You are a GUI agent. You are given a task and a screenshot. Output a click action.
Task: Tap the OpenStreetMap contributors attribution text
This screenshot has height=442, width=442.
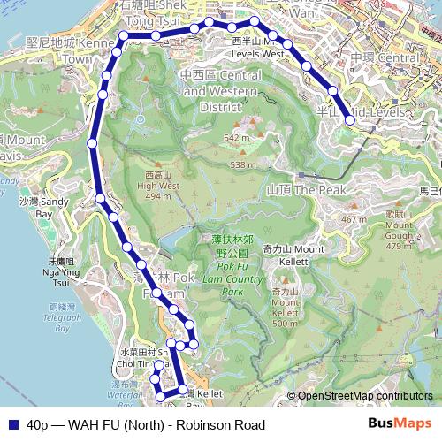[364, 396]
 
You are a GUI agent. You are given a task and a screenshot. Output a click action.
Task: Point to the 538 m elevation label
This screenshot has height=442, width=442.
[242, 164]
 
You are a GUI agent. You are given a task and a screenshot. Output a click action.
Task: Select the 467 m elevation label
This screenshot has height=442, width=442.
[354, 219]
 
